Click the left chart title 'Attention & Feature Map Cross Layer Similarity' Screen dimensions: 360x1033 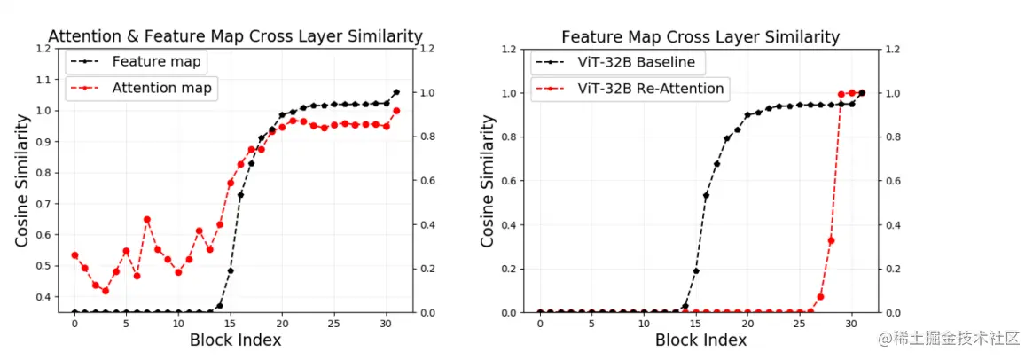[x=235, y=36]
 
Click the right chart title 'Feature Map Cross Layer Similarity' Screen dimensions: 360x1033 [x=700, y=37]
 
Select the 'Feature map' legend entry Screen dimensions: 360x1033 [x=156, y=62]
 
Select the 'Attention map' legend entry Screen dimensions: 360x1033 [x=164, y=88]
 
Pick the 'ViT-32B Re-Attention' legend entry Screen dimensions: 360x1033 [x=650, y=89]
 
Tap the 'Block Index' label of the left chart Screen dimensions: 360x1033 [x=235, y=340]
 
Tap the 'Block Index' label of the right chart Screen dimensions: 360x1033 [x=700, y=340]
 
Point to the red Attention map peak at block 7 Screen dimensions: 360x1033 [x=147, y=219]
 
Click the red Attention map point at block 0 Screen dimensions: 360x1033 [x=74, y=255]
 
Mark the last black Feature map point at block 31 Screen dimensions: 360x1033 [x=396, y=92]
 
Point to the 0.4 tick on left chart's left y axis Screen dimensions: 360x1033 [x=43, y=297]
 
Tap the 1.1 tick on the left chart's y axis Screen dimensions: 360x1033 [x=43, y=80]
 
